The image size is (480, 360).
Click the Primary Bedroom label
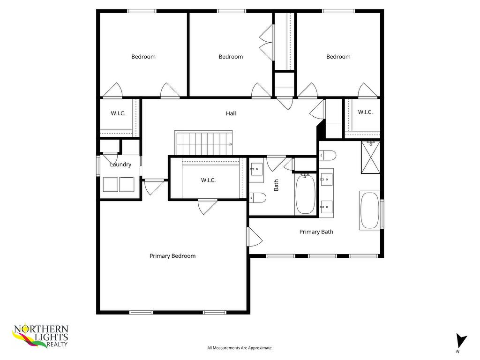pyautogui.click(x=172, y=256)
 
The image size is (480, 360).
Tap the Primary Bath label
pyautogui.click(x=316, y=232)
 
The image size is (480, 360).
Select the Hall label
pyautogui.click(x=231, y=113)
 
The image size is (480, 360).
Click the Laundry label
pyautogui.click(x=120, y=165)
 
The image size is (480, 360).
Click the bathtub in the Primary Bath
pyautogui.click(x=370, y=210)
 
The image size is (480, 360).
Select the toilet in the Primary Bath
pyautogui.click(x=328, y=155)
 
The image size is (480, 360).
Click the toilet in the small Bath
pyautogui.click(x=258, y=198)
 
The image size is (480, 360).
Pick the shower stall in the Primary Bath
pyautogui.click(x=370, y=157)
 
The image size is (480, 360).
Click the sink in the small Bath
pyautogui.click(x=256, y=167)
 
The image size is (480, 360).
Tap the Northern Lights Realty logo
pyautogui.click(x=40, y=337)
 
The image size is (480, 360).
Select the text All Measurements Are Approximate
pyautogui.click(x=240, y=348)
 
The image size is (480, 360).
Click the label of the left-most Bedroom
pyautogui.click(x=143, y=57)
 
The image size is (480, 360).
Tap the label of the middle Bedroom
pyautogui.click(x=231, y=57)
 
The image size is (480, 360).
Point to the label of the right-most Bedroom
pyautogui.click(x=338, y=57)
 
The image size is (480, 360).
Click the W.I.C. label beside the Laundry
pyautogui.click(x=118, y=113)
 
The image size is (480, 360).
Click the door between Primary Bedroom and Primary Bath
pyautogui.click(x=255, y=237)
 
